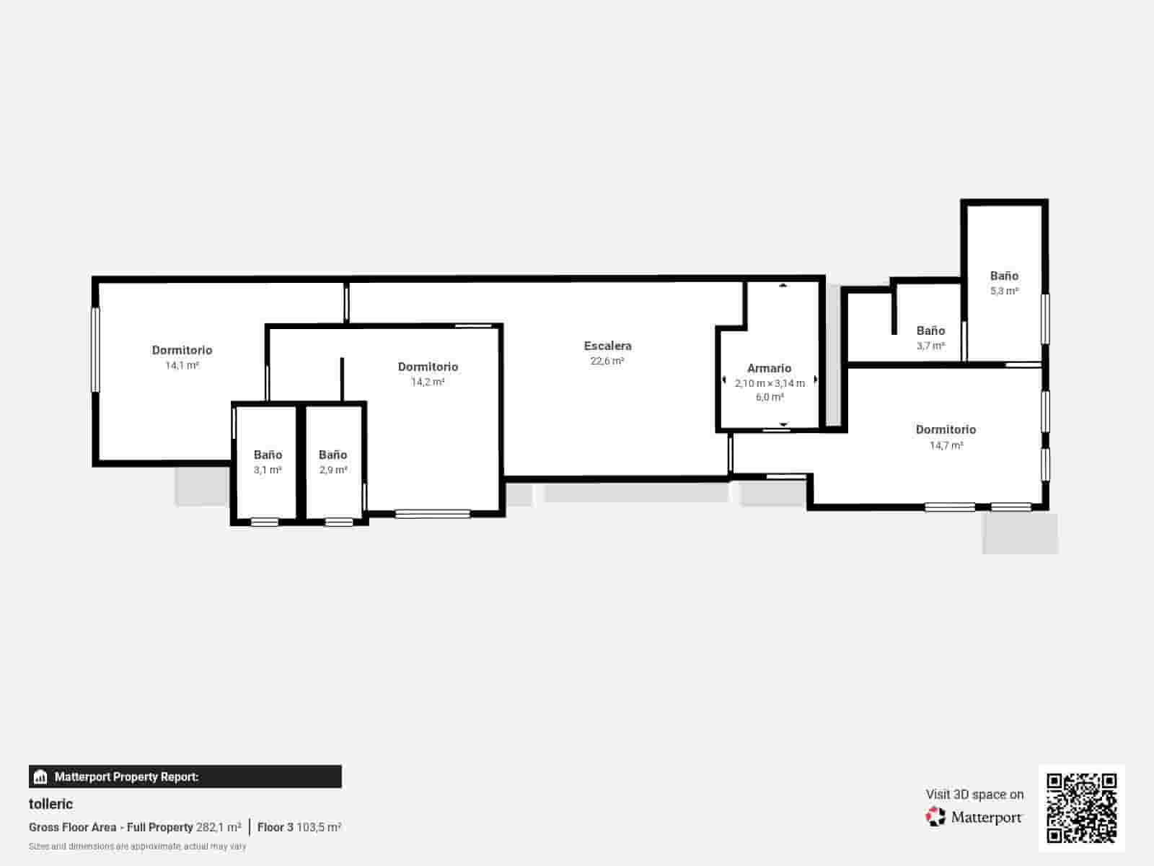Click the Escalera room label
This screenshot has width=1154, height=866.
coord(607,346)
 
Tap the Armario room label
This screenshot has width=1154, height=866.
coord(769,368)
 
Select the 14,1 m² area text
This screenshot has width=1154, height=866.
coord(182,365)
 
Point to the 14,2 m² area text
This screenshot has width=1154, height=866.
coord(428,382)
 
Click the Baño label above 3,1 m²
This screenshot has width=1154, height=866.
coord(268,455)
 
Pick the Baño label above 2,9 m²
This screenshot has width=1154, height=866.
coord(332,455)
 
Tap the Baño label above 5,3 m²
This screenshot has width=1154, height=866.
coord(1004,276)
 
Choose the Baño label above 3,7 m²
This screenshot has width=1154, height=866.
coord(930,331)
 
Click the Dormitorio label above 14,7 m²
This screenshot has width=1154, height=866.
coord(946,429)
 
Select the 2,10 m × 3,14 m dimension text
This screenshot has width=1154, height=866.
coord(770,383)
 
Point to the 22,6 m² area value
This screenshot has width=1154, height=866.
coord(607,362)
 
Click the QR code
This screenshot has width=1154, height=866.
coord(1081,808)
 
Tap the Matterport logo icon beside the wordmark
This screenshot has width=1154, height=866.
coord(935,817)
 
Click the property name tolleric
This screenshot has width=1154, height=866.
coord(51,804)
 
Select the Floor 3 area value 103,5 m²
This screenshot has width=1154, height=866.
coord(319,827)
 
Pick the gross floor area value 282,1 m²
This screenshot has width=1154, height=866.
coord(219,827)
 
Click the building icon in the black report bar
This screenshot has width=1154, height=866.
coord(40,777)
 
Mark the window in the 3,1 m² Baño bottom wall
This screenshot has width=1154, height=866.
coord(265,522)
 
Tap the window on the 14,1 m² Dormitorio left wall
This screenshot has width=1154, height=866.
coord(96,350)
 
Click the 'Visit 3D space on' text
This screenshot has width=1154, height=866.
coord(974,795)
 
